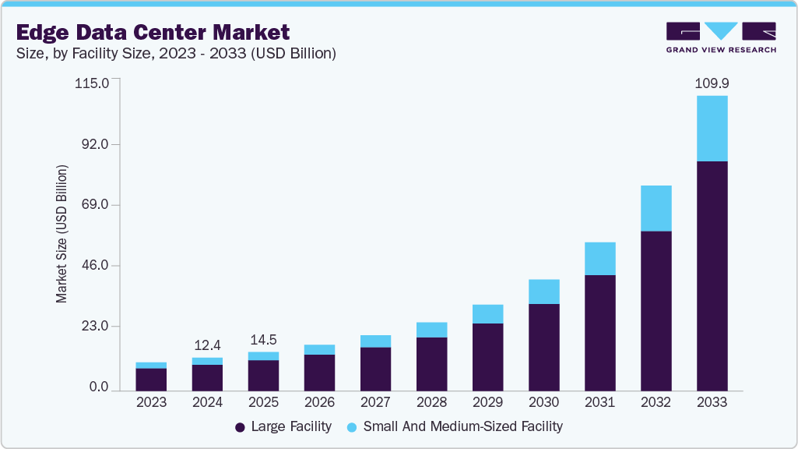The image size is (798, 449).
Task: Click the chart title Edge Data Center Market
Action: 153,32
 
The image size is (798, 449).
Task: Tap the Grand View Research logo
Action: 721,37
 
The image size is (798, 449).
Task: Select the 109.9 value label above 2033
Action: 712,83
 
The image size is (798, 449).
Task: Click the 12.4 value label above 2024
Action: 207,345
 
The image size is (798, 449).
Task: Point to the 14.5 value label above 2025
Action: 263,340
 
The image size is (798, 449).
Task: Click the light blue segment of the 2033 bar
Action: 712,129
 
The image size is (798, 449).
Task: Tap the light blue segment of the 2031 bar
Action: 599,259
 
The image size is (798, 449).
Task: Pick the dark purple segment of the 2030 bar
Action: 543,347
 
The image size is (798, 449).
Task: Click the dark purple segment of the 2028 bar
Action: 431,363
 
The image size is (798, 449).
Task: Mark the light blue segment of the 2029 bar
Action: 487,314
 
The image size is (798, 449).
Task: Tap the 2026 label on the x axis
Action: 319,403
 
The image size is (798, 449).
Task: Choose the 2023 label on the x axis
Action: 151,403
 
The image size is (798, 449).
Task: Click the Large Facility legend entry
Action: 283,426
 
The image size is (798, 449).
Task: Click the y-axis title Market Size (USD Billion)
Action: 62,234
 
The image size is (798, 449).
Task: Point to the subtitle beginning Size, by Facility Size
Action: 175,53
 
